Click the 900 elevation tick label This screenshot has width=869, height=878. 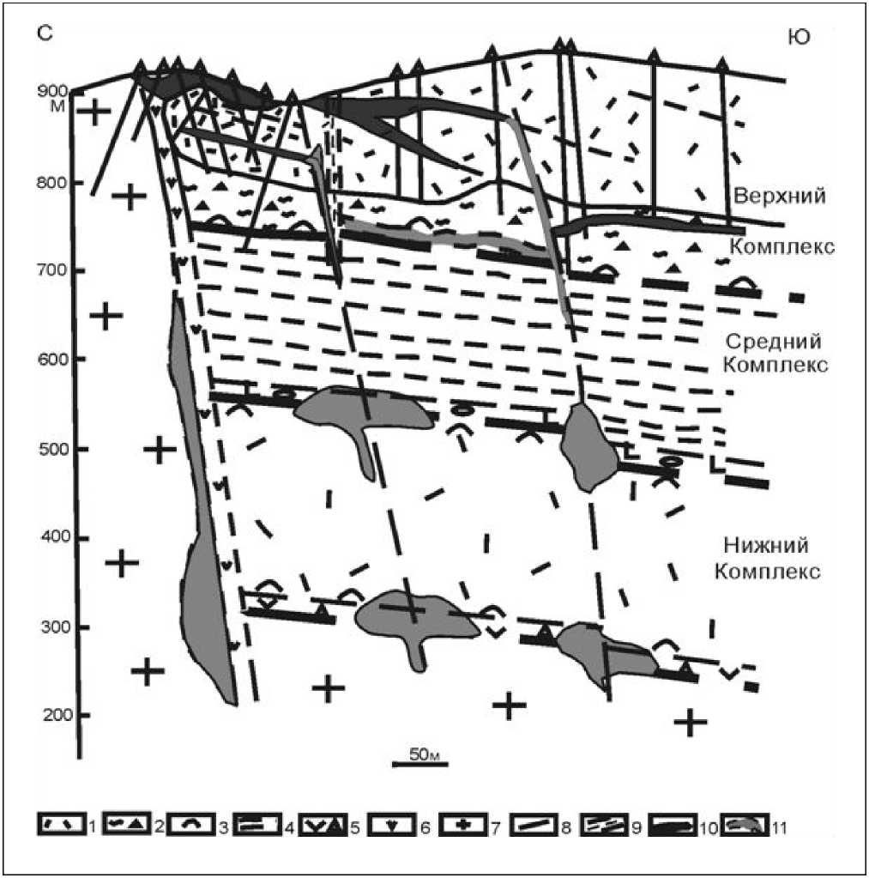coord(52,91)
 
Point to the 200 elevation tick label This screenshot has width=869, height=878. coord(57,716)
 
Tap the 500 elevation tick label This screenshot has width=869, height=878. coord(55,450)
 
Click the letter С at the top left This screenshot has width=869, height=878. coord(45,33)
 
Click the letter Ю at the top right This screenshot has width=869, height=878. coord(799,37)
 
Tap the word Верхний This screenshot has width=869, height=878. coord(780,196)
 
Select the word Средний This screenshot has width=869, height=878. coord(773,341)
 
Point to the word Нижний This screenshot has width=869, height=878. coord(765,545)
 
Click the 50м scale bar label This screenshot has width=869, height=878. coord(425,754)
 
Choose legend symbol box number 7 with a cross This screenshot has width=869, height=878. coord(463,825)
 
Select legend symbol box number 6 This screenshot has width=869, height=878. coord(395,825)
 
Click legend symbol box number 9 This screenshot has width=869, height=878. coord(604,825)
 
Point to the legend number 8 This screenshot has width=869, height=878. coord(565,827)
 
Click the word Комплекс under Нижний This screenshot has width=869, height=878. coord(768,572)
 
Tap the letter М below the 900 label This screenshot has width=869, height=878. coord(57,106)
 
